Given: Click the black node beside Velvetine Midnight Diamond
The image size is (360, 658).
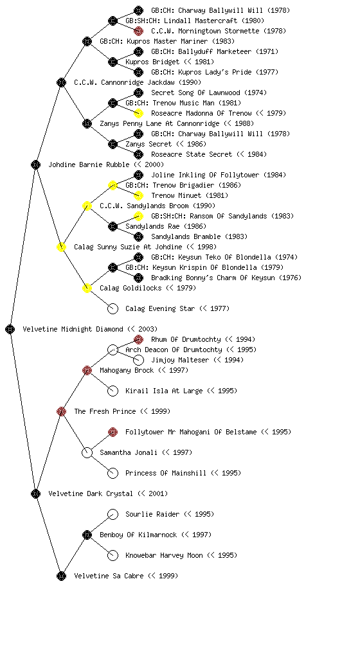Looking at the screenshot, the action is click(10, 329).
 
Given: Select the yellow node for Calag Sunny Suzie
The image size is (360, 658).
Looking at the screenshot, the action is click(61, 247).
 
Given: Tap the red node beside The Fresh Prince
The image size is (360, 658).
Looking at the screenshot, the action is click(61, 411).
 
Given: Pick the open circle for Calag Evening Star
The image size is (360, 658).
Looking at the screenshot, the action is click(113, 308).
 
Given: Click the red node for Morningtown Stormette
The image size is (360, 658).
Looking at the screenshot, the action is click(138, 31).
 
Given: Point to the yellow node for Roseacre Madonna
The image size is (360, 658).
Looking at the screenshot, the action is click(138, 113).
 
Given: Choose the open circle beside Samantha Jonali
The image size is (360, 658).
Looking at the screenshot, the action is click(87, 452).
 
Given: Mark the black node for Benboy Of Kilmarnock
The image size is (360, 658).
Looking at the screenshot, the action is click(87, 535).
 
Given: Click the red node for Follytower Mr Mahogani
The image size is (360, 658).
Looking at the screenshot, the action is click(113, 432).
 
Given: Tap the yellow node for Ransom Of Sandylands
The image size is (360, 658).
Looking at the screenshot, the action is click(138, 216).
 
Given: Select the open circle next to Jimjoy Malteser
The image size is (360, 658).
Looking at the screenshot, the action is click(138, 360).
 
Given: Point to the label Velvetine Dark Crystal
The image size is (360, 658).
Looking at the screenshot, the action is click(91, 493).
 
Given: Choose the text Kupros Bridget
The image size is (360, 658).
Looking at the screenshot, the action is click(152, 62).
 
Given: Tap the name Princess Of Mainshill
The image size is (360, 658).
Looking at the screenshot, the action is click(166, 473).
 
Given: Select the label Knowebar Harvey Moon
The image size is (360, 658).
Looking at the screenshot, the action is click(164, 555).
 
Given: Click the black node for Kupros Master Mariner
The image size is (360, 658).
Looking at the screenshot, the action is click(87, 41).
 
